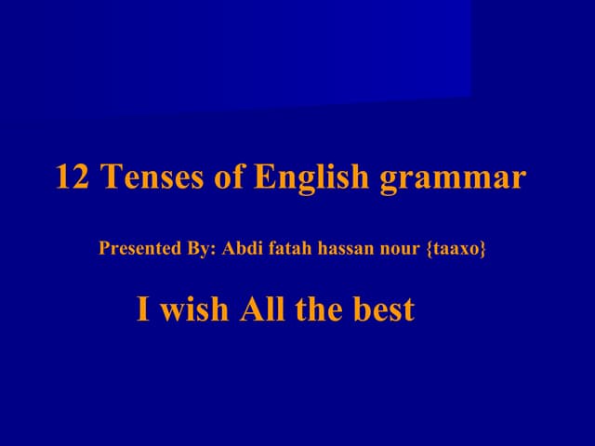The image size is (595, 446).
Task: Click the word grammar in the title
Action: click(x=453, y=178)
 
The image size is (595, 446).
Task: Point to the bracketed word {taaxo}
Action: click(x=456, y=249)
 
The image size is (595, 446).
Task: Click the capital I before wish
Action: click(x=142, y=309)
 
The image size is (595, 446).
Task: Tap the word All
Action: click(x=262, y=309)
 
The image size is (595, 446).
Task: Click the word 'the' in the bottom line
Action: click(x=319, y=309)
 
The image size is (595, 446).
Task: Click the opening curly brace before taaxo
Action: click(x=429, y=249)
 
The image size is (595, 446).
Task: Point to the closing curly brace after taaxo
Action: click(x=483, y=249)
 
